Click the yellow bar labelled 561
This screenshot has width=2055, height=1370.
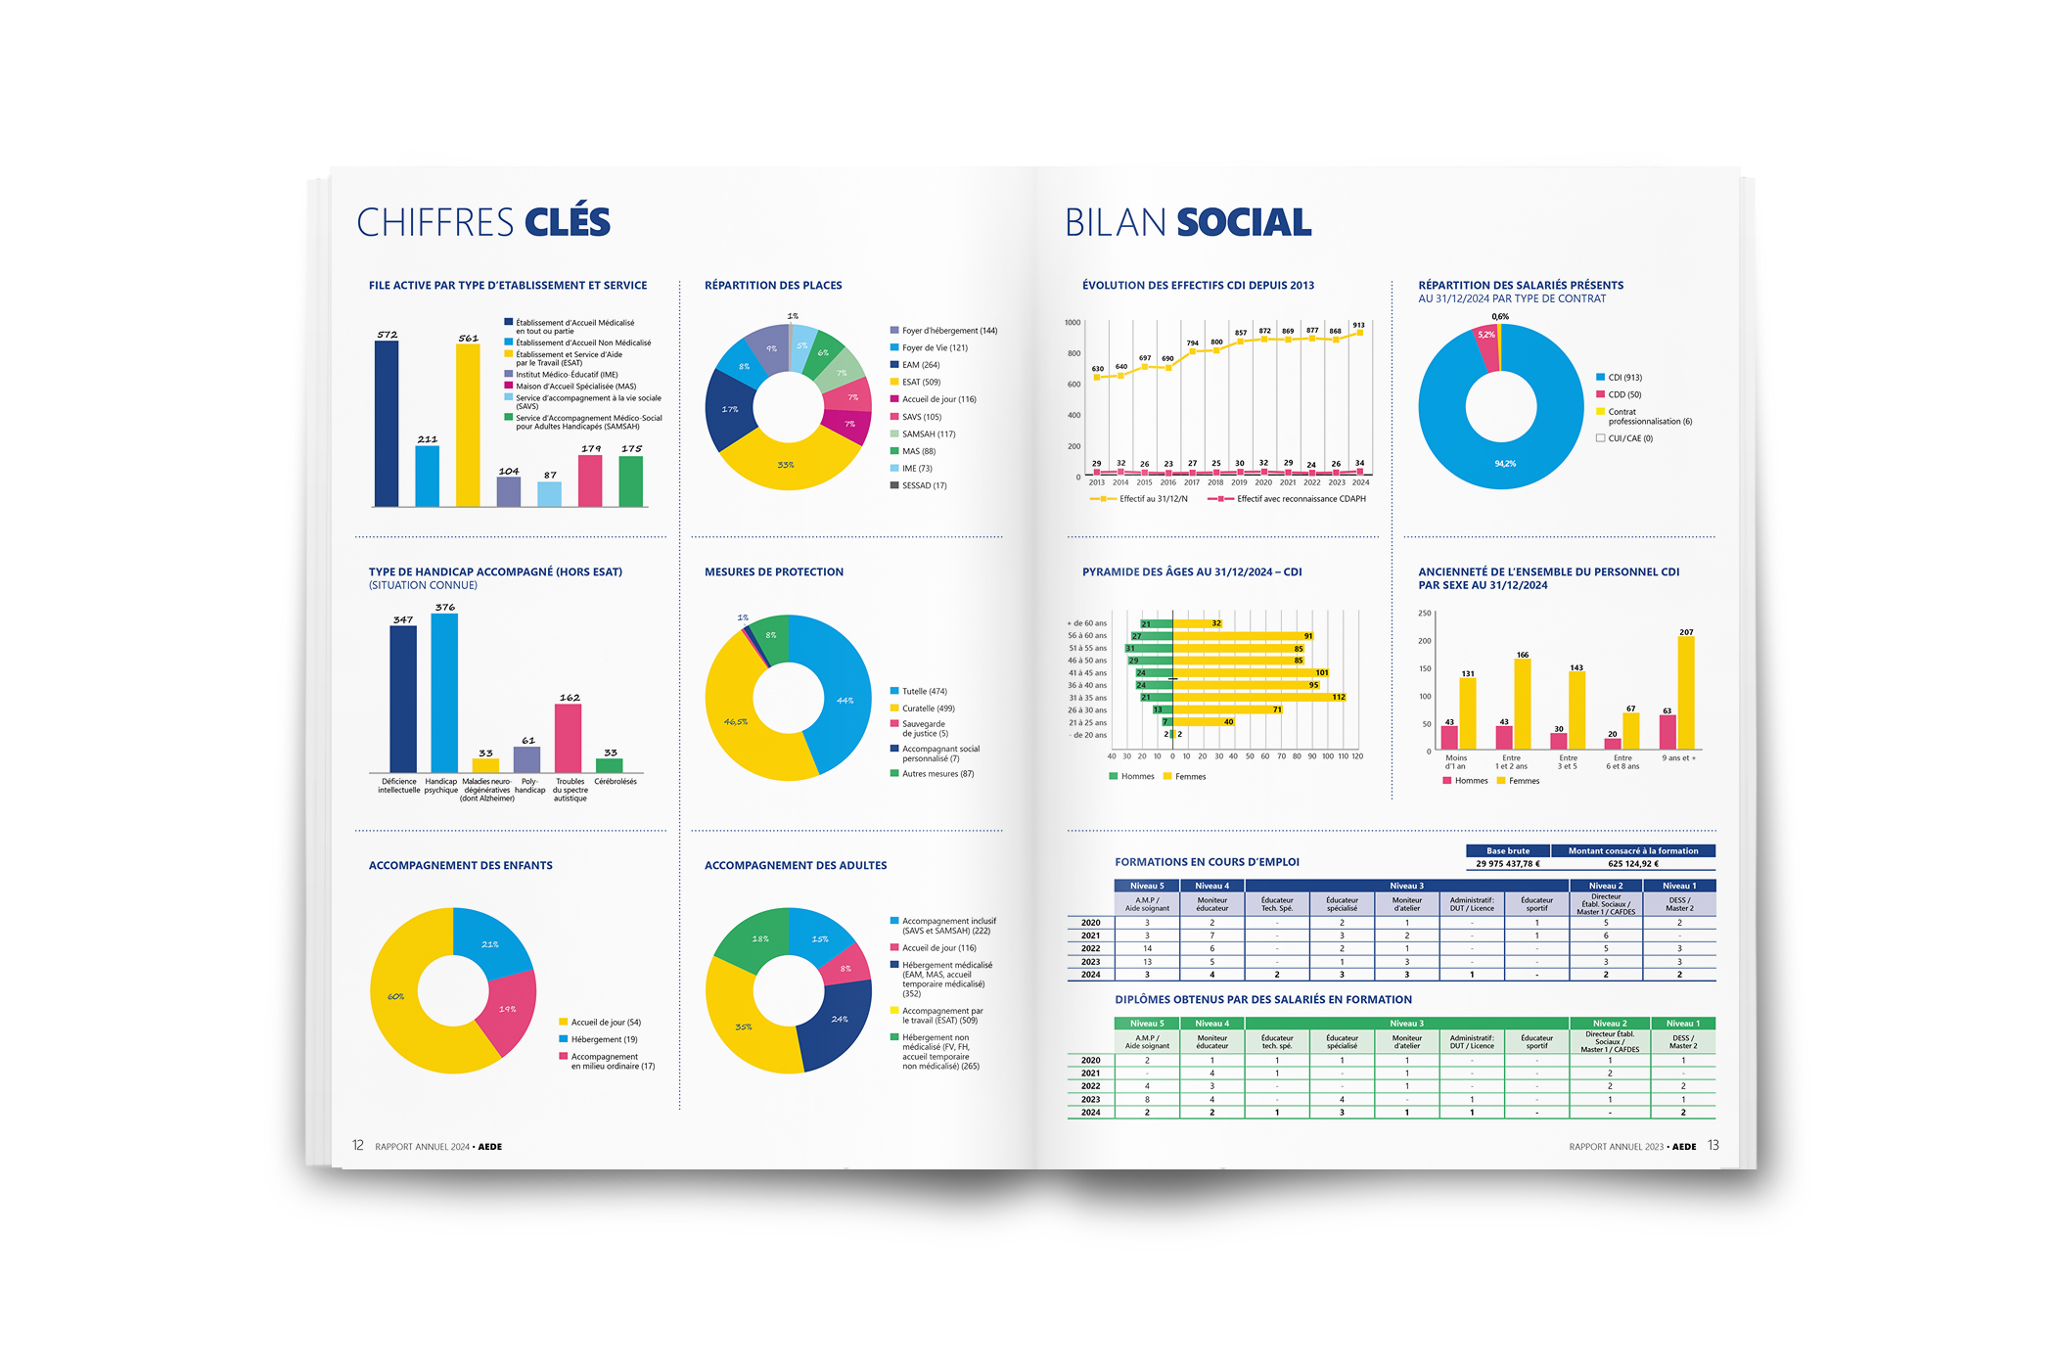tap(468, 426)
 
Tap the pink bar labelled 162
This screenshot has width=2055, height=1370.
tap(568, 738)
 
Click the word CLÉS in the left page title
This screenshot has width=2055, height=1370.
tap(568, 222)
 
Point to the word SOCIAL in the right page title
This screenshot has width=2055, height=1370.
tap(1244, 222)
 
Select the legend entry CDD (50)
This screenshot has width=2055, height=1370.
tap(1624, 394)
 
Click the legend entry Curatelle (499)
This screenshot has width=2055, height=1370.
tap(928, 708)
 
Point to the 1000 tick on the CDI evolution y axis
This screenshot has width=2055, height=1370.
tap(1073, 322)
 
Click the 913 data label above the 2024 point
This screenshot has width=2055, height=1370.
tap(1358, 325)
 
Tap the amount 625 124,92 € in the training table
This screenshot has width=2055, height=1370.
tap(1633, 864)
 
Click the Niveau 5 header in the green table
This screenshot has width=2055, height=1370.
tap(1147, 1024)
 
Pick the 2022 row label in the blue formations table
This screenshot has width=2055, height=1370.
tap(1090, 948)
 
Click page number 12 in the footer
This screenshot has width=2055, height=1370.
tap(358, 1145)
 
